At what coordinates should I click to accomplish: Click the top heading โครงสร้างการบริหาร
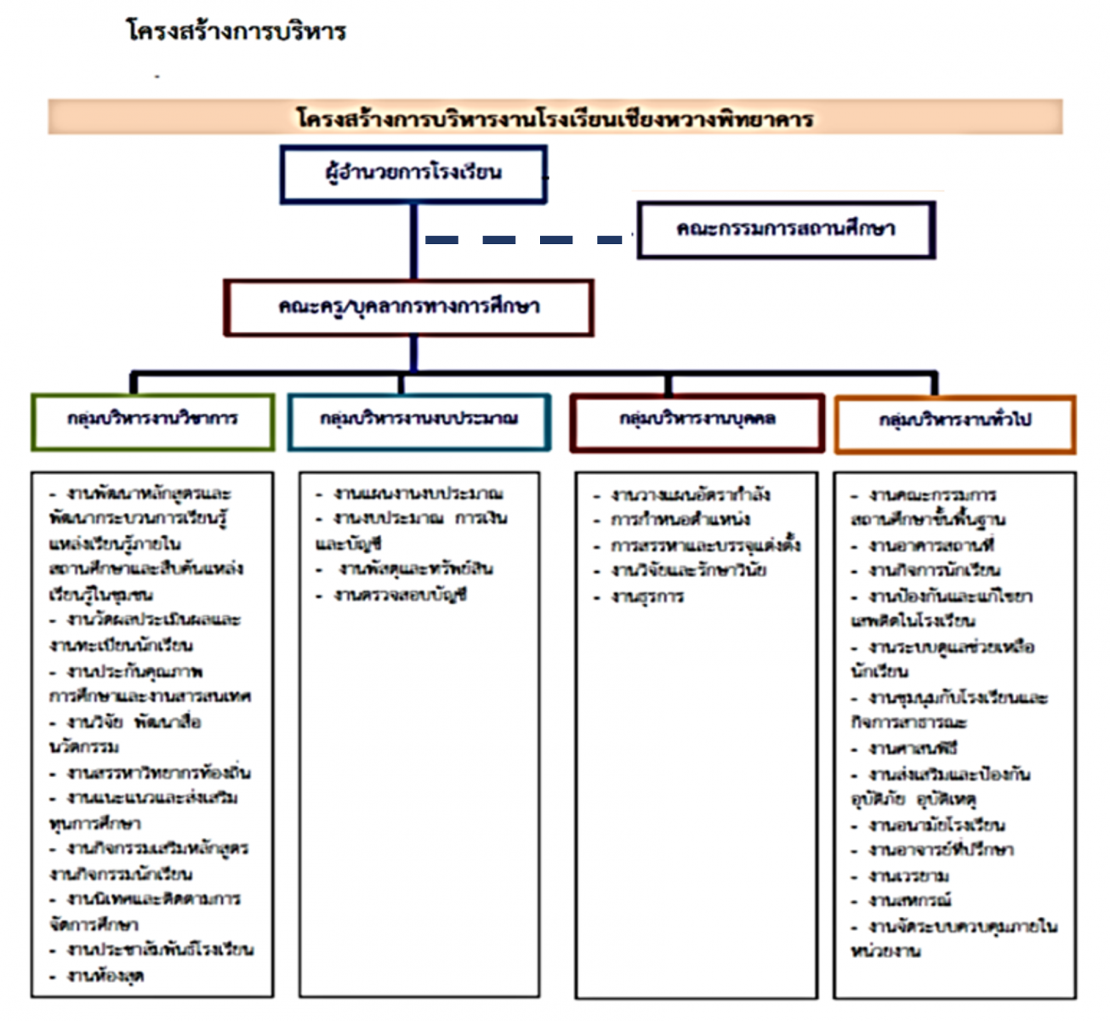(236, 31)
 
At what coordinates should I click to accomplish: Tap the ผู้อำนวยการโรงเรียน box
(413, 174)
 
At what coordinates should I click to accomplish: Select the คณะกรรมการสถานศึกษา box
(786, 229)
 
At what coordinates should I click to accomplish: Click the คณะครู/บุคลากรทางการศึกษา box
(408, 306)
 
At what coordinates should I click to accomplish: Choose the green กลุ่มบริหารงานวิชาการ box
(153, 419)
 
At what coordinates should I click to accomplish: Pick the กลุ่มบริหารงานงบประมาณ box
(418, 419)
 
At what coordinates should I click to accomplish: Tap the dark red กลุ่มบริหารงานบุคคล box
(697, 420)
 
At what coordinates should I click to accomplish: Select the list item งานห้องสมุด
(105, 976)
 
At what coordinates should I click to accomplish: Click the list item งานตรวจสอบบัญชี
(400, 596)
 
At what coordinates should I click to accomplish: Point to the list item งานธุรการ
(647, 596)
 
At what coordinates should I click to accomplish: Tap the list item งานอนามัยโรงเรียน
(936, 825)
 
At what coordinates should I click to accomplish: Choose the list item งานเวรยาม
(908, 876)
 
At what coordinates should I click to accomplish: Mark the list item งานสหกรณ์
(909, 900)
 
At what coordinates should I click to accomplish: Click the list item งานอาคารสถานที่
(931, 545)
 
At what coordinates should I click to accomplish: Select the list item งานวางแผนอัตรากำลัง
(690, 494)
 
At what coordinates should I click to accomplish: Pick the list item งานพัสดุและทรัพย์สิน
(415, 568)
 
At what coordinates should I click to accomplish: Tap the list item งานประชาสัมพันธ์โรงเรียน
(160, 950)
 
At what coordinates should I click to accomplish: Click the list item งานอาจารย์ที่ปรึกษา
(941, 850)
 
